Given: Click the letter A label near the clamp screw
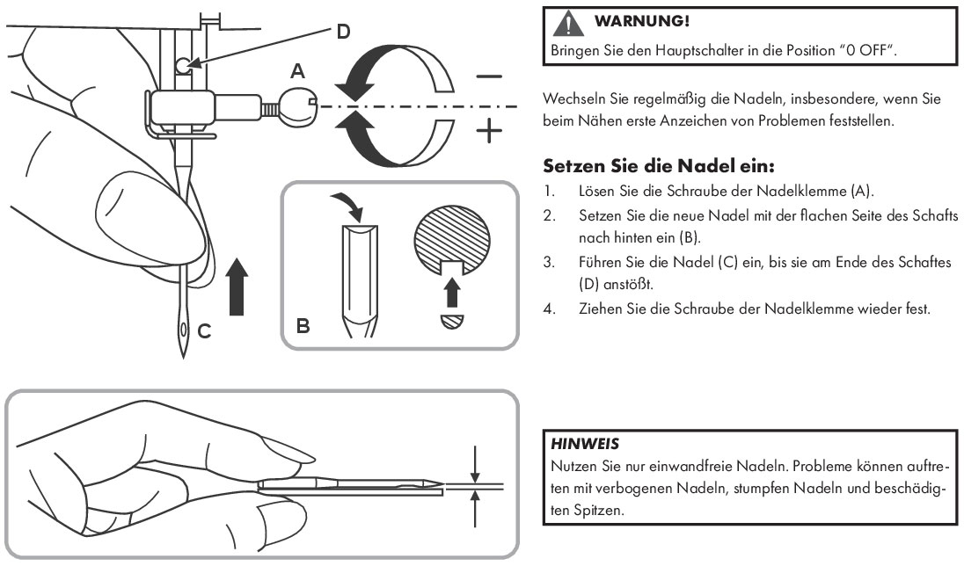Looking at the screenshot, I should tap(298, 69).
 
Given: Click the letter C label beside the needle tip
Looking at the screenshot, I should tap(203, 331).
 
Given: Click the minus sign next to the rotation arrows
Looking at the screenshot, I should tap(488, 76).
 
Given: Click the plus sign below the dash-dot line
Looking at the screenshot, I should tap(488, 133).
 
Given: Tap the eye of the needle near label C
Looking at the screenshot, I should tap(182, 331).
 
